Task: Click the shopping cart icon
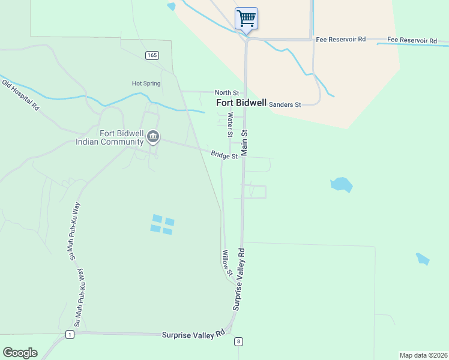tap(246, 18)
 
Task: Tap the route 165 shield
tap(152, 55)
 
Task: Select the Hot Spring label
tap(146, 83)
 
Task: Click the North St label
tap(228, 92)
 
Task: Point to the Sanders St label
tap(285, 104)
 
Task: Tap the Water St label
tap(229, 125)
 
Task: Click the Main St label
tap(244, 143)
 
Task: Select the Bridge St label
tap(224, 155)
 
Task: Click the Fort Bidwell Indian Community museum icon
tap(153, 137)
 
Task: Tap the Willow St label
tap(226, 263)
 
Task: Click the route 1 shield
tap(70, 334)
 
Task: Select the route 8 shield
tap(238, 341)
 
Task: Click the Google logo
tap(20, 353)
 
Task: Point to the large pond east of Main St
tap(341, 184)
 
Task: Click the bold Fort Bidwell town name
tap(241, 103)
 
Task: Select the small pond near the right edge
tap(423, 259)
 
